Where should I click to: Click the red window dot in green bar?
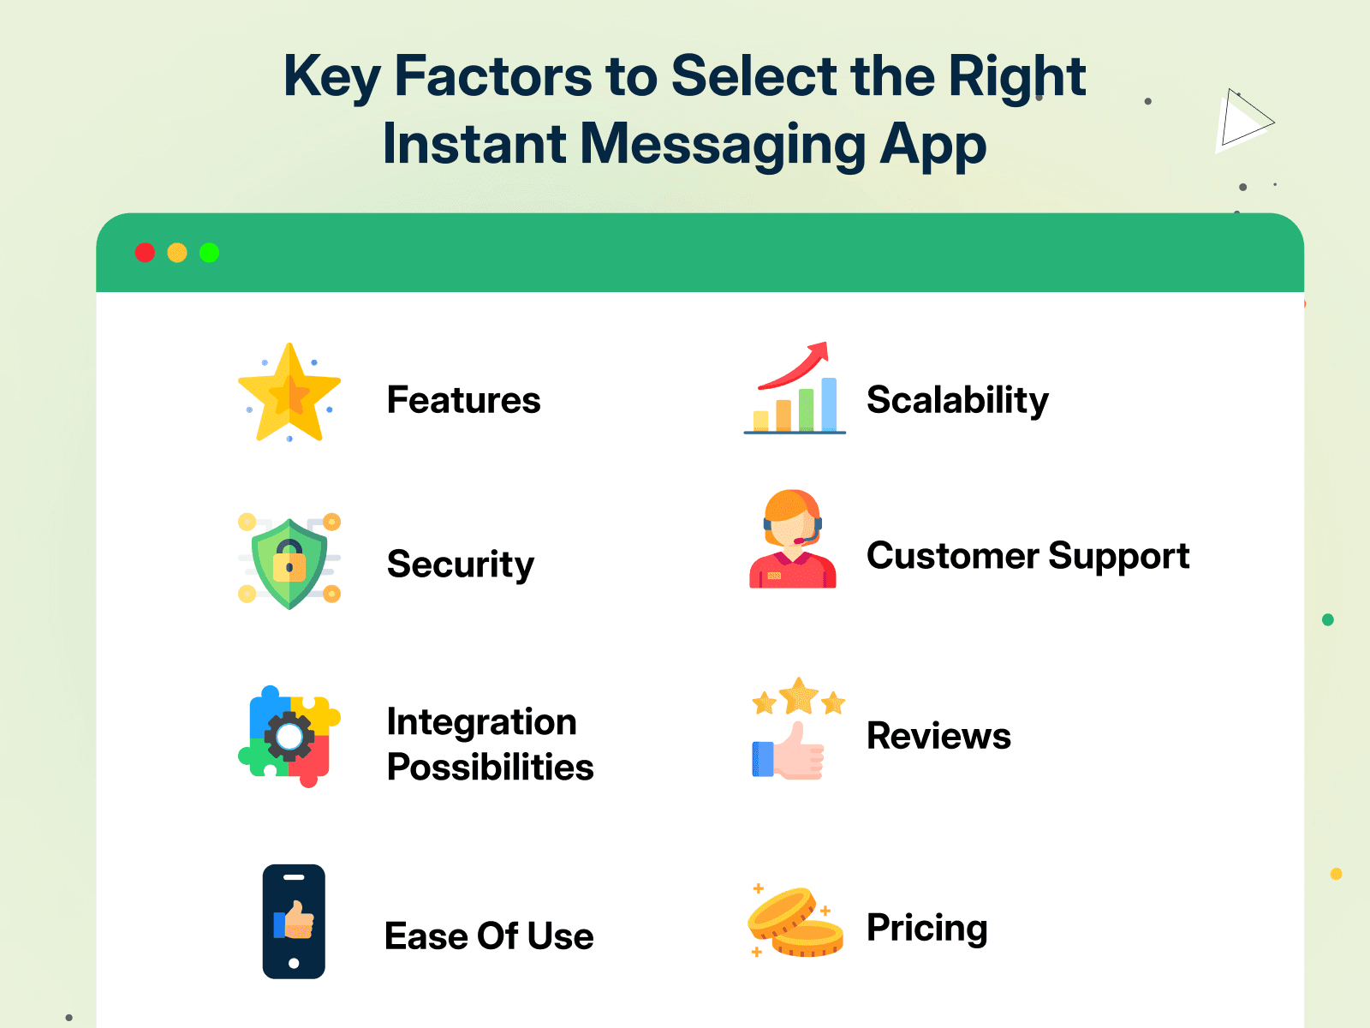point(145,253)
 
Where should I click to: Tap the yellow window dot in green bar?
point(177,253)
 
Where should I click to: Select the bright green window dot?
point(210,253)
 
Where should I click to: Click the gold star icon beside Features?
point(289,393)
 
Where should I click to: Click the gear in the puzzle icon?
point(289,737)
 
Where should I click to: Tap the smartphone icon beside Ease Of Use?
point(294,921)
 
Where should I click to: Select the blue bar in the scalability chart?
point(829,404)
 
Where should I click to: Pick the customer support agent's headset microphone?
point(800,541)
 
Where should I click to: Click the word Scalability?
point(957,400)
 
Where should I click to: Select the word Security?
point(461,565)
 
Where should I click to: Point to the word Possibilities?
point(490,767)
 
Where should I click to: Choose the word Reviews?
point(938,736)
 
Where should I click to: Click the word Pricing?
point(926,928)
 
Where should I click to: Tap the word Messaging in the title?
point(724,144)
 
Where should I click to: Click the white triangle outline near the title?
point(1243,122)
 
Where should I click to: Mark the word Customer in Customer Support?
point(951,556)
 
